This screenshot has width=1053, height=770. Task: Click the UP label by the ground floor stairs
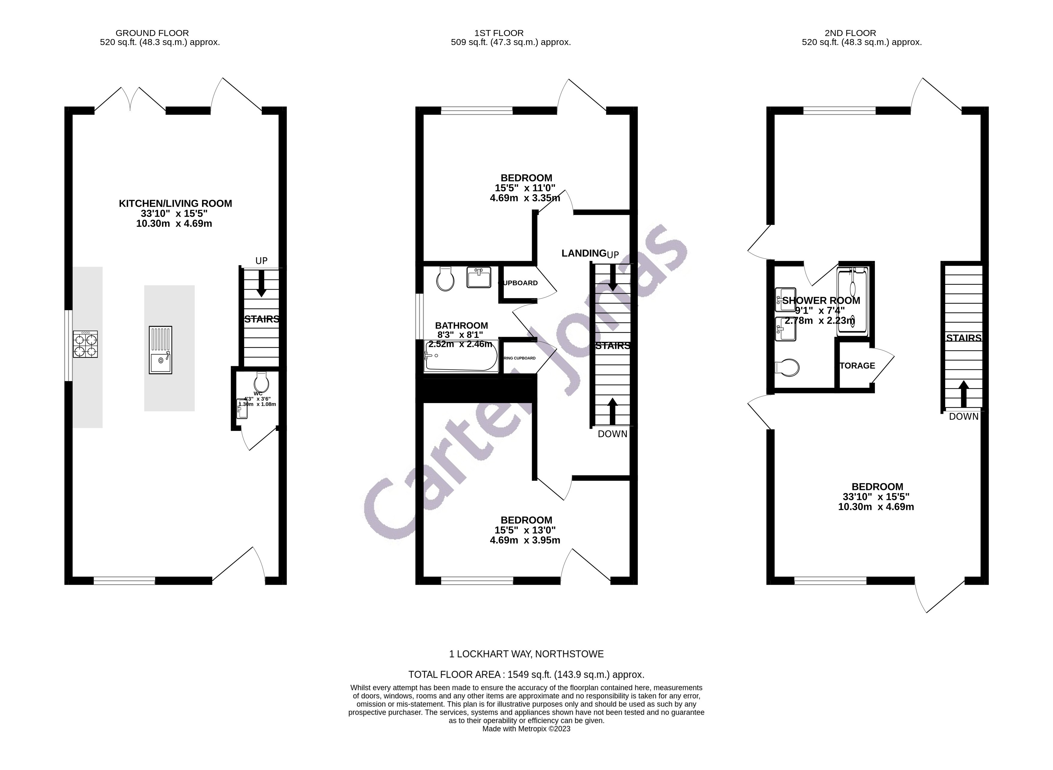tap(262, 261)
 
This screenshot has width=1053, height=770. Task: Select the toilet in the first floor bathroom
tap(445, 278)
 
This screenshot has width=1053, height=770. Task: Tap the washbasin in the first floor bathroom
tap(479, 277)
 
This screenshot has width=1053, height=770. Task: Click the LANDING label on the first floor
tap(583, 253)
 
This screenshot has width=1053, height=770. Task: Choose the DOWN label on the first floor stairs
tap(612, 434)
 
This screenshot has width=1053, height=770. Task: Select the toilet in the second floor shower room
tap(787, 367)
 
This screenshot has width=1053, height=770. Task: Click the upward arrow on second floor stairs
tap(963, 393)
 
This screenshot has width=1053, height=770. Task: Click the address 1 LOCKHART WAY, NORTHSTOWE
tap(526, 654)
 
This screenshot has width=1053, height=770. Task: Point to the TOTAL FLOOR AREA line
tap(526, 675)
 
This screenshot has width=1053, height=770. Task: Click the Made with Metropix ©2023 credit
tap(526, 729)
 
